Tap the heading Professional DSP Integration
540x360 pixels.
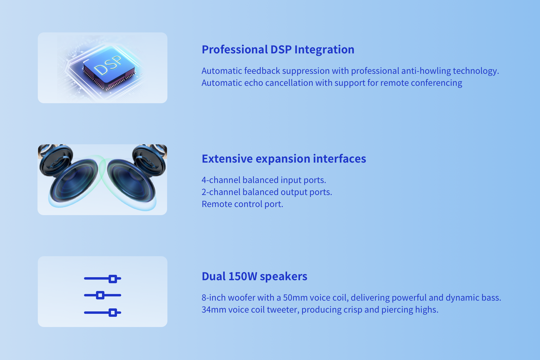click(x=278, y=50)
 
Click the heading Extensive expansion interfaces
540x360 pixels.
click(x=284, y=159)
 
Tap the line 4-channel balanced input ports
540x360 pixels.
click(x=264, y=180)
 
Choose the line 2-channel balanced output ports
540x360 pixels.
click(x=267, y=192)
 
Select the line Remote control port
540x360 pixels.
click(x=242, y=204)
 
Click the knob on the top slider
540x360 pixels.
click(x=113, y=279)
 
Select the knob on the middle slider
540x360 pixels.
click(x=100, y=295)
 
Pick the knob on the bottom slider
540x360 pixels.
click(x=113, y=313)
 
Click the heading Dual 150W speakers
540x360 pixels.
click(x=254, y=277)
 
